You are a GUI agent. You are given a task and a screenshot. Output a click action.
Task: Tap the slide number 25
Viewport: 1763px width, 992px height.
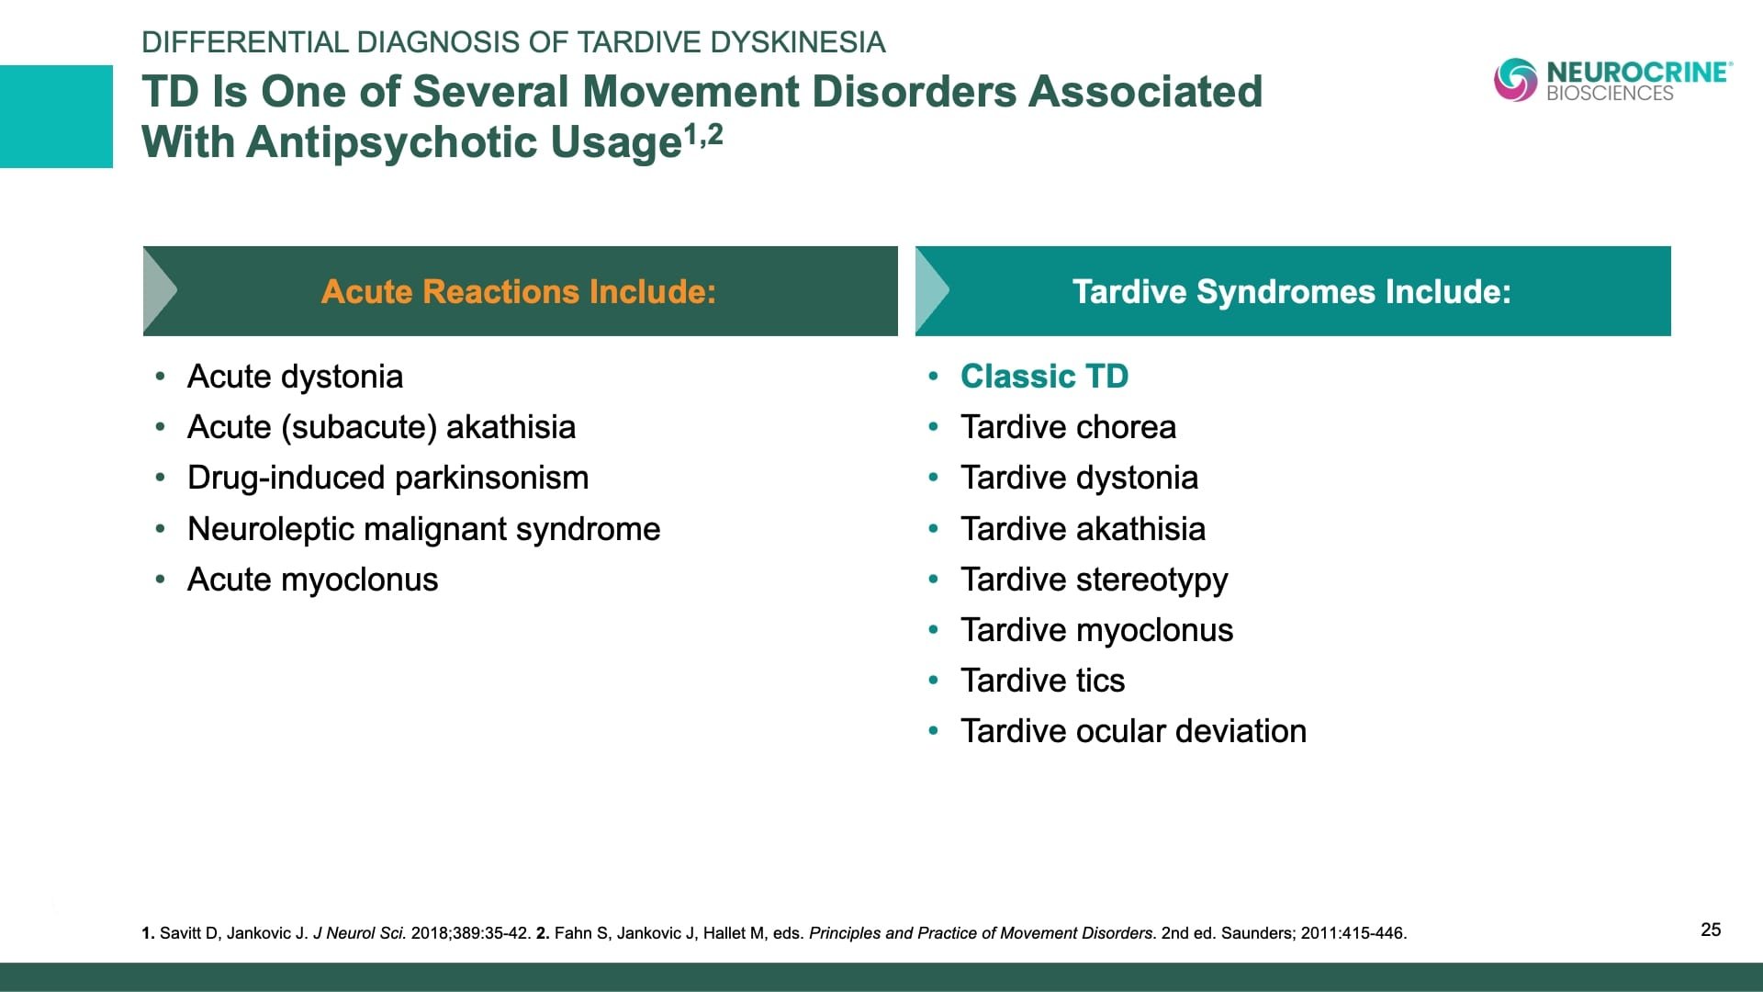pos(1711,930)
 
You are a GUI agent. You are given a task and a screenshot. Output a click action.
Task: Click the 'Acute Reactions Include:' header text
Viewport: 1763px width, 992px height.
pos(519,291)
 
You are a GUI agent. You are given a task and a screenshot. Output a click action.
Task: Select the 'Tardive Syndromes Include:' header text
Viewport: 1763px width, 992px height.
pos(1291,291)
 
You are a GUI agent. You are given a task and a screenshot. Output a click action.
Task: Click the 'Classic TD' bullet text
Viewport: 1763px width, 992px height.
pos(1044,377)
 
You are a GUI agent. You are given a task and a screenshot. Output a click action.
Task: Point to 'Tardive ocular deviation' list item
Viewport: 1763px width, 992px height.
pos(1133,731)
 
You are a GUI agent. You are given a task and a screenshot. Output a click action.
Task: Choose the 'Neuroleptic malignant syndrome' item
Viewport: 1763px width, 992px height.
pos(423,529)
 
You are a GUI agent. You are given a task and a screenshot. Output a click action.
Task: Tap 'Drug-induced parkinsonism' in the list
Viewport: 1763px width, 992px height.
pos(387,478)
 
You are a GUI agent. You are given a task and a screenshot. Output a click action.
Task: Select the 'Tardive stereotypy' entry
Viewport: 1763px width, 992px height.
pos(1094,580)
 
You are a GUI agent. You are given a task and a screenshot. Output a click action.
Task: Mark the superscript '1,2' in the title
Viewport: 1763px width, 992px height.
pos(703,135)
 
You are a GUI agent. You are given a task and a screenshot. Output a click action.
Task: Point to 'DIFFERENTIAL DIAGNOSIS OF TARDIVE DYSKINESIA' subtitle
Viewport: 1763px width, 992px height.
pos(513,42)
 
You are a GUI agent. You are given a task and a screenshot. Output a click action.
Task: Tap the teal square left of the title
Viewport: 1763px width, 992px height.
pos(56,117)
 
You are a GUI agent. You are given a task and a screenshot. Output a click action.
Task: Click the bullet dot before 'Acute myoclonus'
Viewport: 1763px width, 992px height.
pos(161,581)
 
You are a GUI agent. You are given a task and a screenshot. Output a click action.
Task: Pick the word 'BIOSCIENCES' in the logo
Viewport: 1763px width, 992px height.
pos(1609,94)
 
